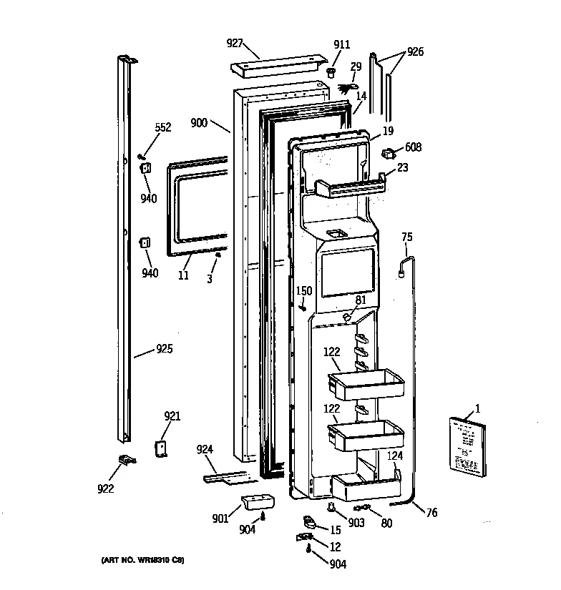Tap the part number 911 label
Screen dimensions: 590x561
point(341,44)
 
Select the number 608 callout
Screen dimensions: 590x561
point(413,148)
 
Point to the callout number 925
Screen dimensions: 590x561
point(164,350)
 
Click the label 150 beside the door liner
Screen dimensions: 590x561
point(304,290)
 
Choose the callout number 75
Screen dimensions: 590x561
point(406,237)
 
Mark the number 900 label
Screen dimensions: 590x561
point(199,123)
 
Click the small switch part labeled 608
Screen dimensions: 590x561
point(389,152)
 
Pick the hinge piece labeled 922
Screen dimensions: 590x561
point(126,461)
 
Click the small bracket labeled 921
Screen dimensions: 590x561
point(160,448)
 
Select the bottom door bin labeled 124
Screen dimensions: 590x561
point(365,489)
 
